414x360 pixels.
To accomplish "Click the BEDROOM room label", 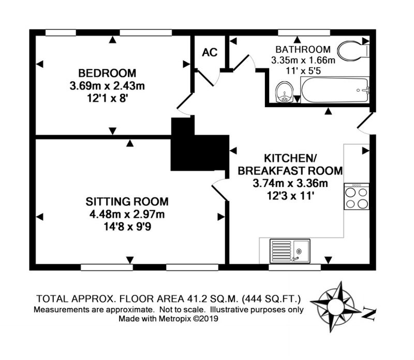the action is coord(107,73).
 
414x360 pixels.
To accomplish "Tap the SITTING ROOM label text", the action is coord(127,201).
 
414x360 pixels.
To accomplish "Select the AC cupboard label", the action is coord(210,52).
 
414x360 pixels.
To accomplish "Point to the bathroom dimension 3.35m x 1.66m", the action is coord(303,60).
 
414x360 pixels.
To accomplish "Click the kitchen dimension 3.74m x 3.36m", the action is coord(290,183).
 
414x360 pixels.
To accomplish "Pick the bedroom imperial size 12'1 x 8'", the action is coord(108,98).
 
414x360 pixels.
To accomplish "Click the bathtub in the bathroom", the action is coord(335,90).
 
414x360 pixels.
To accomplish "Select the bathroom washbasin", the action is coord(284,92).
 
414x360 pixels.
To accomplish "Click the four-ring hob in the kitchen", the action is coord(357,196).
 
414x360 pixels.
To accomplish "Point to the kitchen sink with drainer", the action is coord(290,251).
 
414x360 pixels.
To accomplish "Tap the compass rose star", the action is coord(335,307).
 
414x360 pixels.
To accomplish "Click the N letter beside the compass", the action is coord(369,314).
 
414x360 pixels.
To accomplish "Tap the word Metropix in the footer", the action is coord(174,319).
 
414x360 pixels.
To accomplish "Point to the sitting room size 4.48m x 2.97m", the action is coord(127,214).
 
